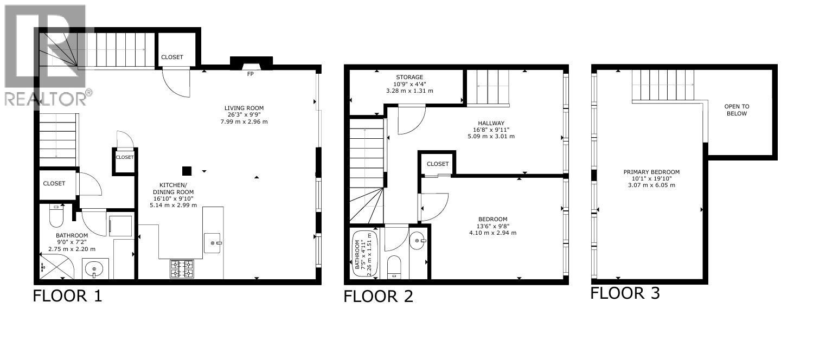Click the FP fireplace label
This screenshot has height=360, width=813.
[x=250, y=74]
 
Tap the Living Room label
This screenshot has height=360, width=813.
[x=246, y=108]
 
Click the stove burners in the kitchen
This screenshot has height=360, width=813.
[x=182, y=268]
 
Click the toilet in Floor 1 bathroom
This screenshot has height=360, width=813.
[x=57, y=216]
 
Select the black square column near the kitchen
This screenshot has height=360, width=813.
[x=187, y=171]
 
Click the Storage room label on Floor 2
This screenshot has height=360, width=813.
[x=409, y=78]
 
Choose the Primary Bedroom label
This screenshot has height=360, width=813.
[x=651, y=172]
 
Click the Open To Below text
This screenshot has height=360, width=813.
[x=736, y=110]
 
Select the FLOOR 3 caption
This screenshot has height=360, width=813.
[x=625, y=293]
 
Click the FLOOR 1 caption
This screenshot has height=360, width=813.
[x=67, y=296]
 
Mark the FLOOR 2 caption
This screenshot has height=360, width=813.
[x=379, y=296]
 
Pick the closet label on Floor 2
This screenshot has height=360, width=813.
[x=438, y=164]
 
